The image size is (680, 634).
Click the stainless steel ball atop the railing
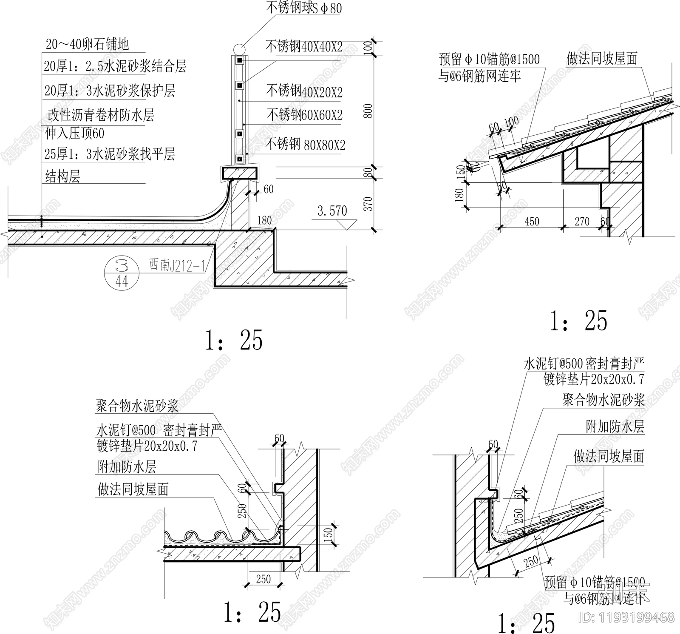point(238,48)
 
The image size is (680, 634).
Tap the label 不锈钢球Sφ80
point(303,8)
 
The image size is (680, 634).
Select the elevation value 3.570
point(332,211)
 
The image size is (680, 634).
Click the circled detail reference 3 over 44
point(122,274)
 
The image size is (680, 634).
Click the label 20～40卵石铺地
point(87,44)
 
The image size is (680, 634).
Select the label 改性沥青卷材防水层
point(100,115)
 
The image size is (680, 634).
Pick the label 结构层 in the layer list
point(62,176)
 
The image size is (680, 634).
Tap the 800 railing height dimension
point(368,111)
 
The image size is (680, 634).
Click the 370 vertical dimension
point(368,204)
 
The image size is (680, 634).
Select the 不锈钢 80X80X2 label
point(305,145)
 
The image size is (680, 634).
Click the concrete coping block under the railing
point(239,173)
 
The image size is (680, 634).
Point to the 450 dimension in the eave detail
point(532,221)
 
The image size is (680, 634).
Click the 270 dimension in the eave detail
point(582,221)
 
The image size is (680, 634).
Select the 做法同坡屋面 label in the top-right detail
point(602,59)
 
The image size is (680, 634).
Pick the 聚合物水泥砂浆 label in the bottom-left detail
point(137,406)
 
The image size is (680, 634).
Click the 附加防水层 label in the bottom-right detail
point(615,426)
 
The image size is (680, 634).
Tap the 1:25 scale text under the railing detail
point(234,340)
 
